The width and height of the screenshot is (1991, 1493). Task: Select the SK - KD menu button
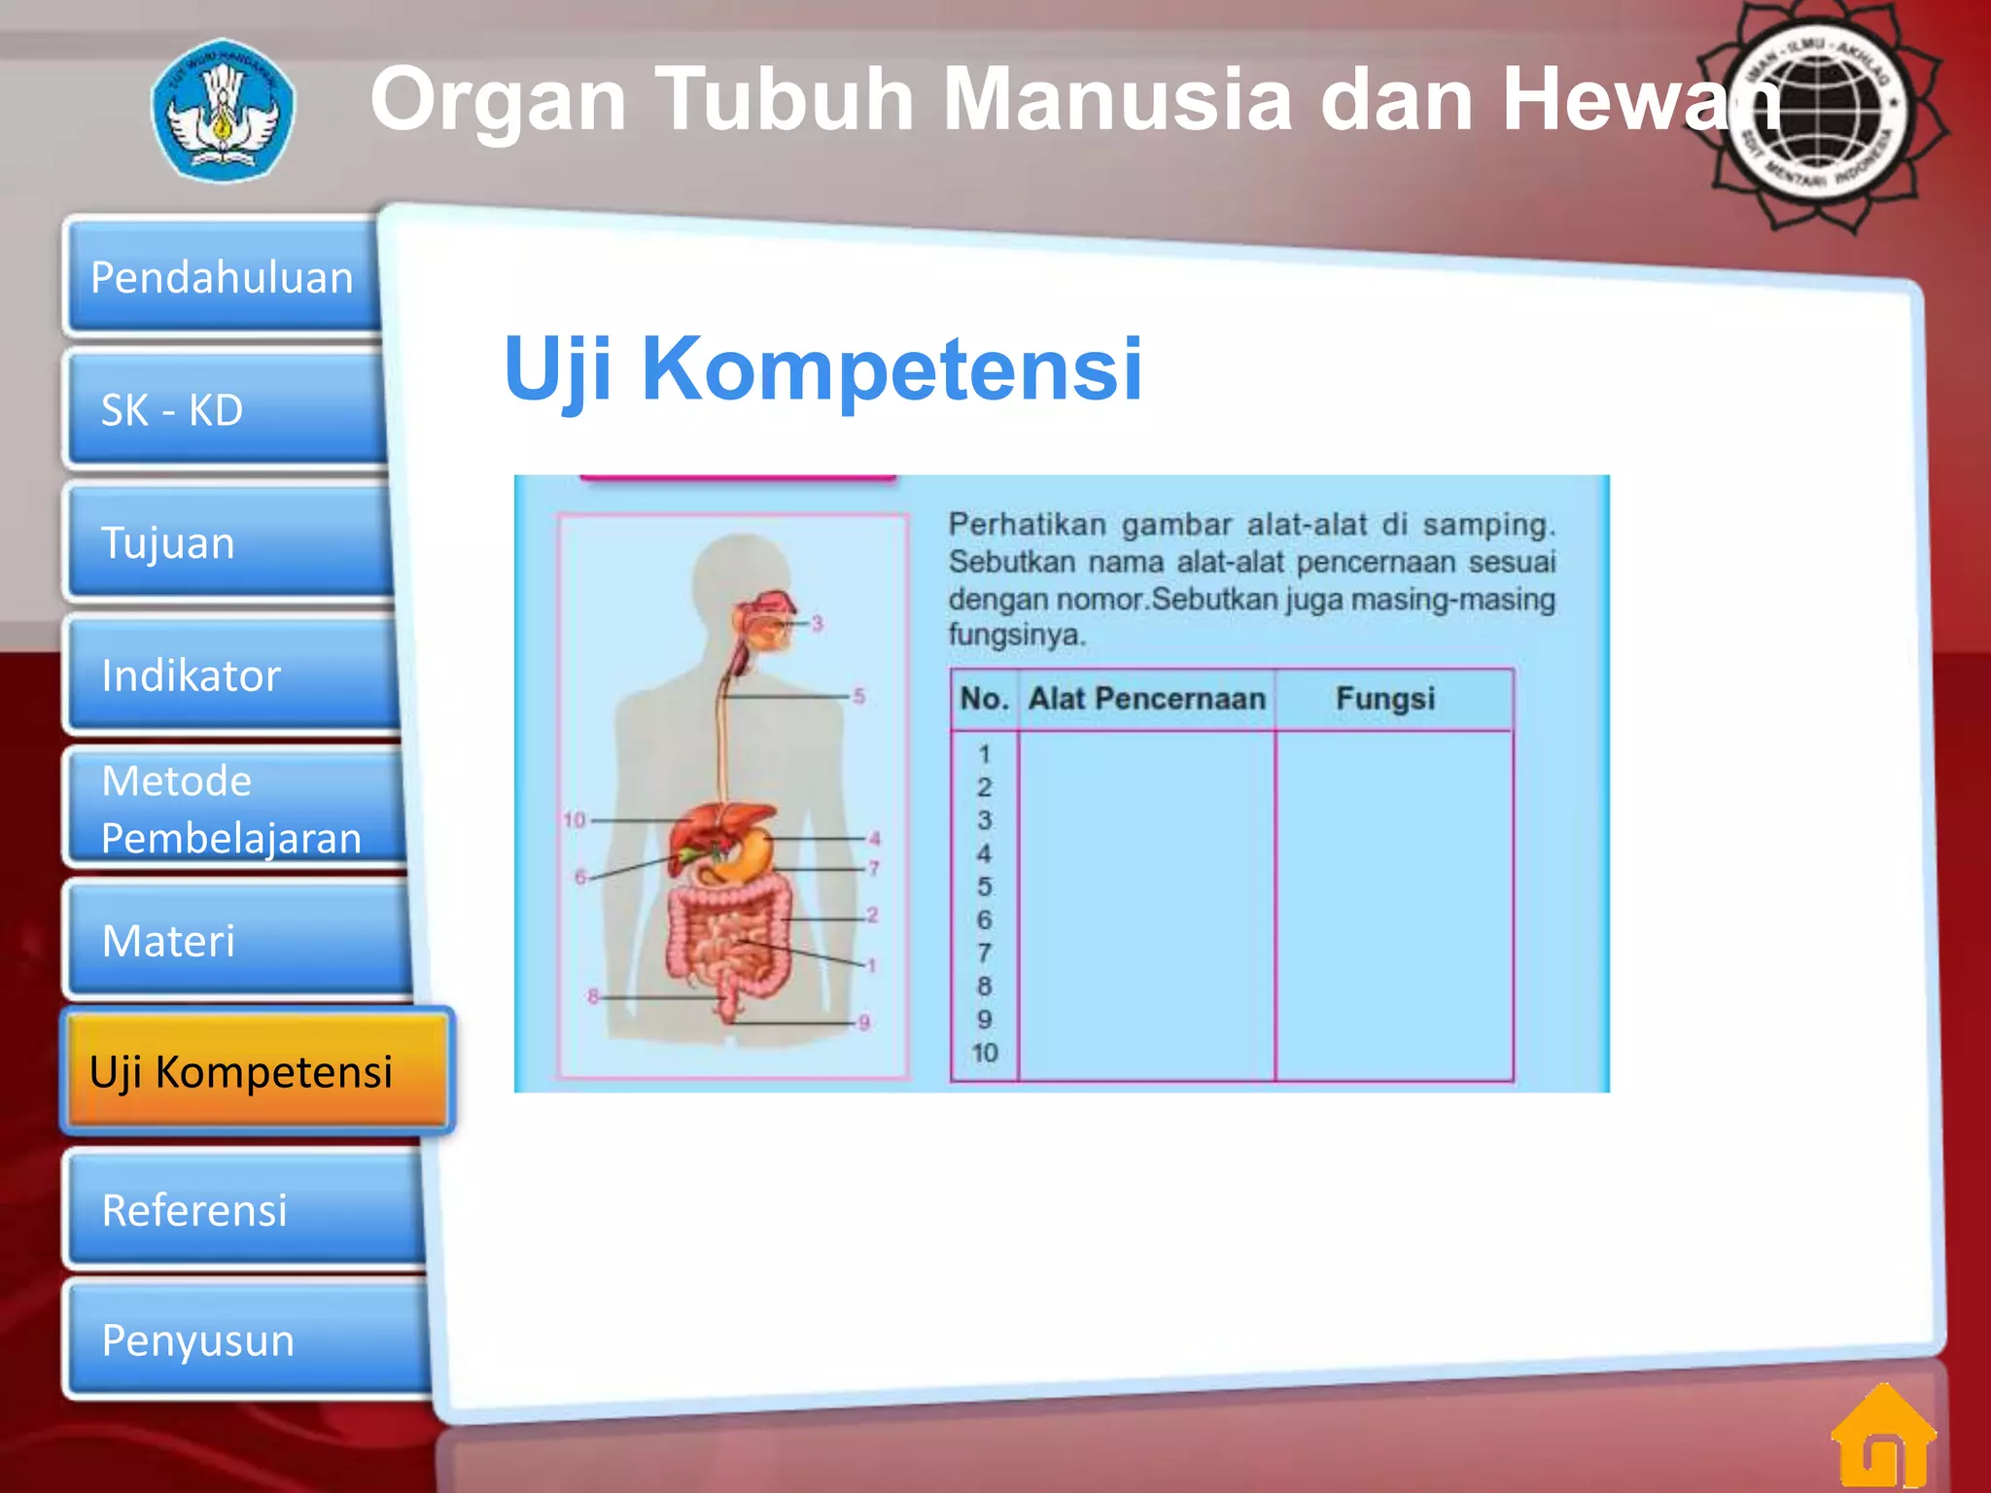point(228,410)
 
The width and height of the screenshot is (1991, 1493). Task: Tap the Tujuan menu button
point(233,542)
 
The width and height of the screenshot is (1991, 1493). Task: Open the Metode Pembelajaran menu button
point(238,809)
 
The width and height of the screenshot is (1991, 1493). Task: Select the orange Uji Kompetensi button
point(258,1072)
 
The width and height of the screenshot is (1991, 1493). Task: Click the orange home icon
point(1883,1437)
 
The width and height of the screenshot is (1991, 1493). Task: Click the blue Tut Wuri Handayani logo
point(224,110)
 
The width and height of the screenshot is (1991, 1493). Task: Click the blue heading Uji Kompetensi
point(822,368)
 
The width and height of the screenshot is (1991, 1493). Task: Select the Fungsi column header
point(1384,699)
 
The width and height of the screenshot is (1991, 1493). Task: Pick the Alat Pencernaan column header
point(1146,699)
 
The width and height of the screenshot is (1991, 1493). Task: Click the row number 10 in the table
point(984,1053)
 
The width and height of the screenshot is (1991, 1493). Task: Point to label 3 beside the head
point(818,623)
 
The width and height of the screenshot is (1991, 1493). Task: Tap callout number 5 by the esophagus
point(858,696)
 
